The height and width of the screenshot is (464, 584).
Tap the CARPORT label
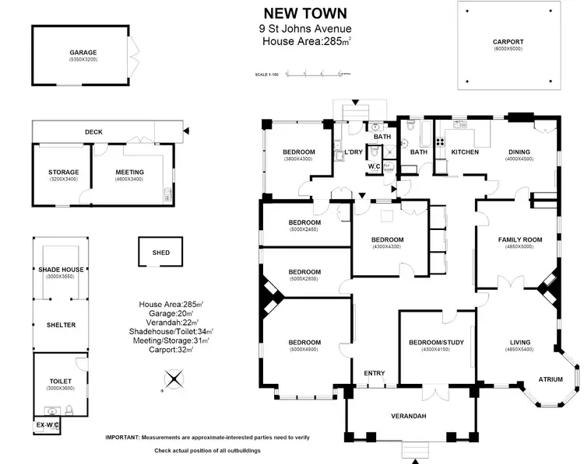(508, 41)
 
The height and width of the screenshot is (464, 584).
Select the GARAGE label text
(83, 53)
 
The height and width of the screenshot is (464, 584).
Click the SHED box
(161, 253)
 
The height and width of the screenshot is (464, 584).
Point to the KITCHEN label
(466, 152)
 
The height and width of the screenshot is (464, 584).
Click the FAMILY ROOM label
(519, 239)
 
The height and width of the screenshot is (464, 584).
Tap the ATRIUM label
(551, 379)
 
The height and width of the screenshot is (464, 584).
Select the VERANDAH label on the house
(409, 416)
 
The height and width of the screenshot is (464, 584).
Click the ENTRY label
(375, 373)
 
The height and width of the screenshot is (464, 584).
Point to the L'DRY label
(354, 152)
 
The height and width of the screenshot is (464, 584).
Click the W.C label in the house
(373, 166)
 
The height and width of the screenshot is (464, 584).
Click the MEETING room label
(129, 172)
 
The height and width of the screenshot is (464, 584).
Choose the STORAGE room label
(64, 172)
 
